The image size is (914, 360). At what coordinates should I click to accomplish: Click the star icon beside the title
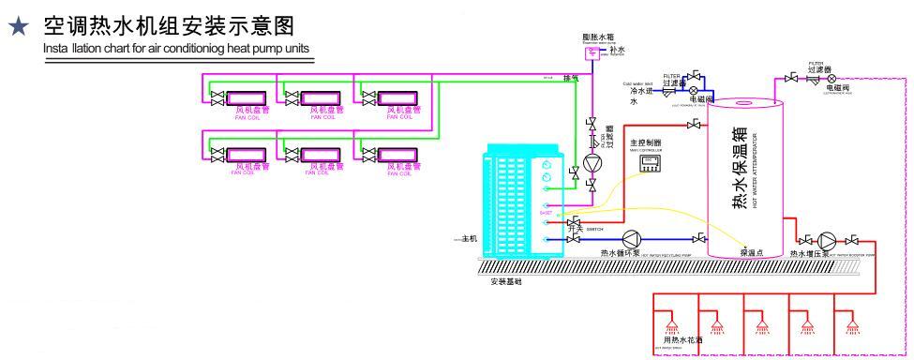pyautogui.click(x=17, y=29)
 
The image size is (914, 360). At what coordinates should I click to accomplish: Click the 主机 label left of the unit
pyautogui.click(x=468, y=239)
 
